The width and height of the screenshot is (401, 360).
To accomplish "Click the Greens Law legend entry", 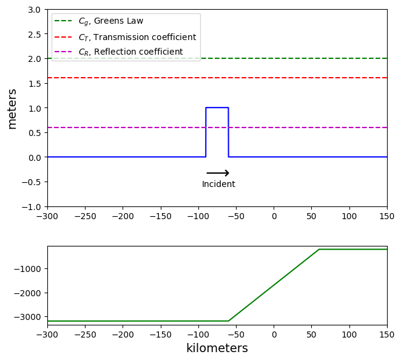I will coord(110,21).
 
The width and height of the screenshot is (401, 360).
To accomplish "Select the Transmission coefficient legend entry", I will coord(137,36).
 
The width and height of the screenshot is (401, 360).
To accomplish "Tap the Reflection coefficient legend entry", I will coord(130,52).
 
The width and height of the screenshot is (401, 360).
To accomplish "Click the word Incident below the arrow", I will coord(218,185).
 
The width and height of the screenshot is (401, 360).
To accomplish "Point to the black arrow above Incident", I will coord(218,173).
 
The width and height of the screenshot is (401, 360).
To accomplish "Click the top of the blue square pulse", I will coord(217,107).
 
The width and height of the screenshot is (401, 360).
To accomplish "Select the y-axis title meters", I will coord(12,108).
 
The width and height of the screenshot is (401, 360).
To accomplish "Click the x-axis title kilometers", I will coord(217,348).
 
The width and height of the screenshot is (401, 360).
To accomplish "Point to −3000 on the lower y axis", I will coord(29,317).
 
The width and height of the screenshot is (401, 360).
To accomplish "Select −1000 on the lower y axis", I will coord(29,269).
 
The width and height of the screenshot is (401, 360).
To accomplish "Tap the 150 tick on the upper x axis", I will coord(387,216).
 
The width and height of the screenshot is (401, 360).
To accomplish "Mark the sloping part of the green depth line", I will coord(274,285).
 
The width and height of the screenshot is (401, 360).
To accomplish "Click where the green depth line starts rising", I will coord(229,321).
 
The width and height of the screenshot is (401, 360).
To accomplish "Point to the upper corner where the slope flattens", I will coord(319,249).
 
